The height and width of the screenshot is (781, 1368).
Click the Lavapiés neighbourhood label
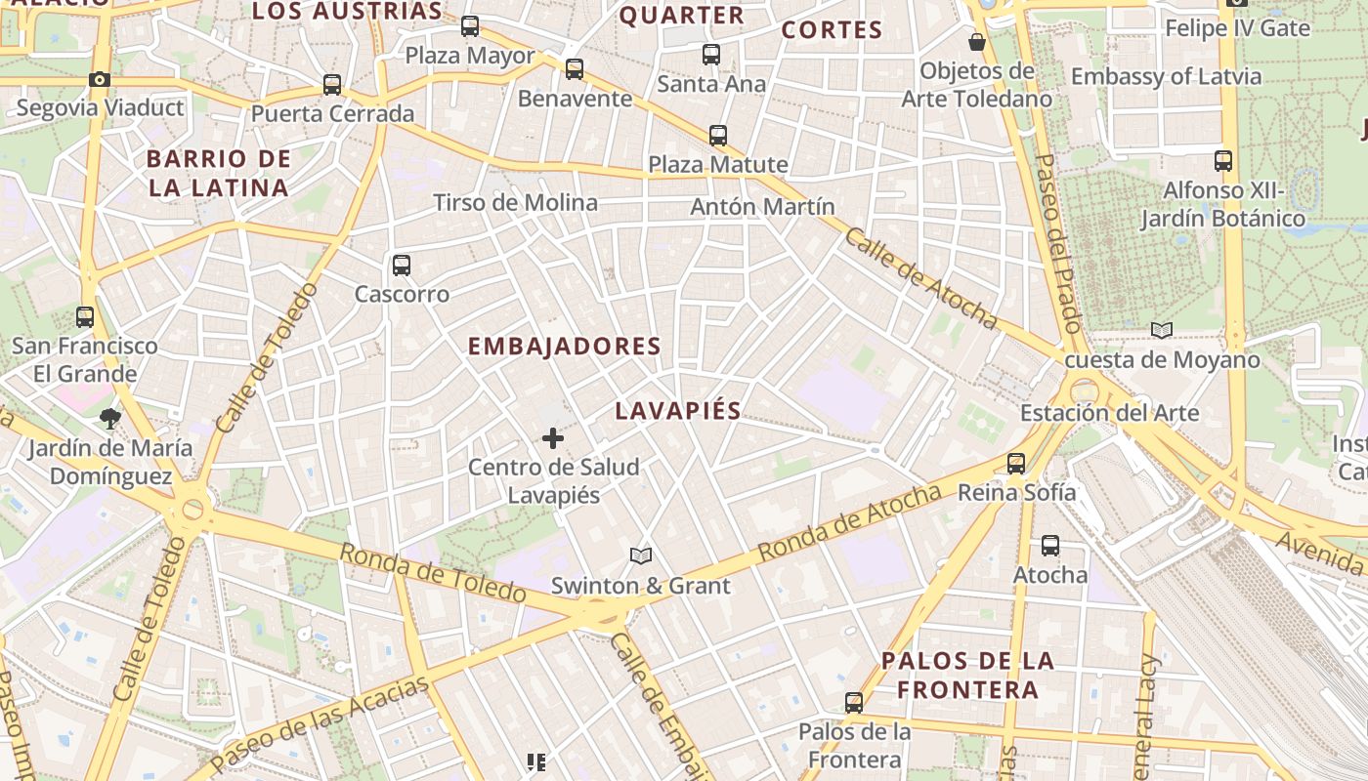pos(677,411)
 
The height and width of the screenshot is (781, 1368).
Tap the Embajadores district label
pos(564,346)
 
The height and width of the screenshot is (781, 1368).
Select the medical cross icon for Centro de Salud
pos(553,438)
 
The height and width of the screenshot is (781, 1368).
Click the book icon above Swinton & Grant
pos(640,555)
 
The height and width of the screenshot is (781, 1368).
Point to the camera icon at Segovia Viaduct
pos(99,80)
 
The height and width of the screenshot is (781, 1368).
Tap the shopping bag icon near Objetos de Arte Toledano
pos(976,42)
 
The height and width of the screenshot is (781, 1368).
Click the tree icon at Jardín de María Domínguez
pos(109,419)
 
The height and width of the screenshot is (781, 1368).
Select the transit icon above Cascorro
pos(401,265)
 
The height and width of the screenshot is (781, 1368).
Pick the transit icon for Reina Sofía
pos(1016,463)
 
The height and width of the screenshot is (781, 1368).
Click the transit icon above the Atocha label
pos(1050,546)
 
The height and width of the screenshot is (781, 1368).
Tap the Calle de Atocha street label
pos(921,279)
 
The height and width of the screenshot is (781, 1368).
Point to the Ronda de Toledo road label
pos(433,572)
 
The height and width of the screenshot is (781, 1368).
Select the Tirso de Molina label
pos(515,202)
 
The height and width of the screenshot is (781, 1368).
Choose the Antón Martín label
pos(762,206)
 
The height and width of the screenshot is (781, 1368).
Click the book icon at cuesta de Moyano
pos(1161,330)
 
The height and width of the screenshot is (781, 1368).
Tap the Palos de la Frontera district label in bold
pos(967,675)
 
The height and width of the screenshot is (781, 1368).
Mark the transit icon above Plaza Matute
pos(718,136)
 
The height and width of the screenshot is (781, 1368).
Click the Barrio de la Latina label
pos(219,173)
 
